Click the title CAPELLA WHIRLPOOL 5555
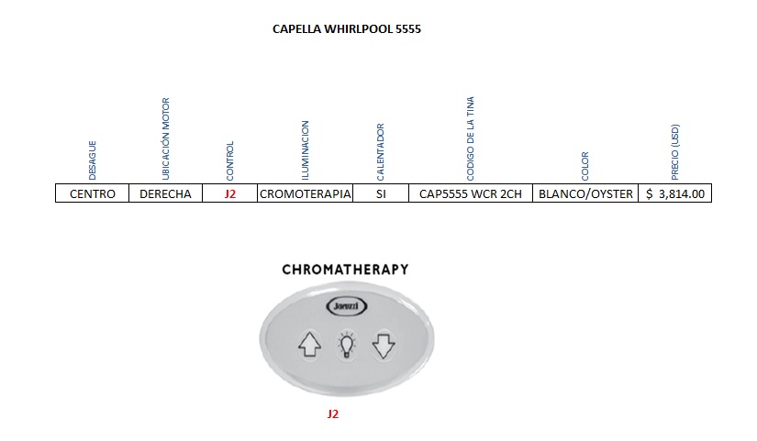[x=347, y=29]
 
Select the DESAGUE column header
[x=92, y=160]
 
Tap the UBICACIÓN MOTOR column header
[x=166, y=138]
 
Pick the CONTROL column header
[x=230, y=160]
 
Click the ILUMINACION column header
[x=305, y=149]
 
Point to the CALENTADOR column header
[x=381, y=151]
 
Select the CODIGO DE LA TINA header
[x=470, y=138]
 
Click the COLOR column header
[x=585, y=166]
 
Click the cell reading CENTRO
[x=92, y=194]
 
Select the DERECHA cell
[x=166, y=194]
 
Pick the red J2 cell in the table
[x=230, y=194]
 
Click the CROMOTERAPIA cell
[x=306, y=194]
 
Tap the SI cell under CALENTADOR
[x=381, y=194]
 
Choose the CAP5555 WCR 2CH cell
[x=470, y=194]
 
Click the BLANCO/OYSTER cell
[x=585, y=194]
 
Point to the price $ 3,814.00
[x=675, y=194]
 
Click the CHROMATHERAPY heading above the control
[x=345, y=270]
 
